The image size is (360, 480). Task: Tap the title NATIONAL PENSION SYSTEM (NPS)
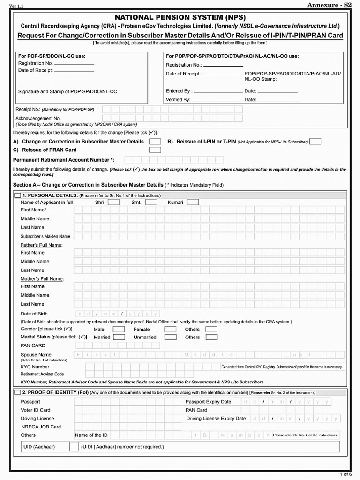[180, 17]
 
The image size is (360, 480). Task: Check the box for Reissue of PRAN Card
[155, 150]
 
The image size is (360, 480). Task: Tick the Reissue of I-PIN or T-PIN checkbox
[315, 142]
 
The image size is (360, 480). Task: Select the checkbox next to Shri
[113, 202]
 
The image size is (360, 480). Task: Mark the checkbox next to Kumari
[193, 202]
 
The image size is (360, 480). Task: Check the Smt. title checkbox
[151, 202]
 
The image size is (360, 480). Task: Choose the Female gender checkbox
[170, 329]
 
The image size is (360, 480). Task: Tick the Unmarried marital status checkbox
[170, 337]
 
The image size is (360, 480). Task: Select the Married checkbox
[119, 337]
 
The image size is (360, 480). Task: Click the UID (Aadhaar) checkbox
[74, 447]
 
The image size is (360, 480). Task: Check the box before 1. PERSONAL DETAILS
[18, 195]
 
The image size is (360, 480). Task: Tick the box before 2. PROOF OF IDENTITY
[18, 392]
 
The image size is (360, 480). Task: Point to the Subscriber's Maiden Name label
[45, 236]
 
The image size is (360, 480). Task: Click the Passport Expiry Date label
[208, 402]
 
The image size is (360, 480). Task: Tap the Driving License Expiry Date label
[216, 419]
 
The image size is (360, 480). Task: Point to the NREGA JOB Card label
[41, 427]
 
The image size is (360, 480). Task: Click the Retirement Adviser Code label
[42, 375]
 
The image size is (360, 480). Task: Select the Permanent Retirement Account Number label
[64, 160]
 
